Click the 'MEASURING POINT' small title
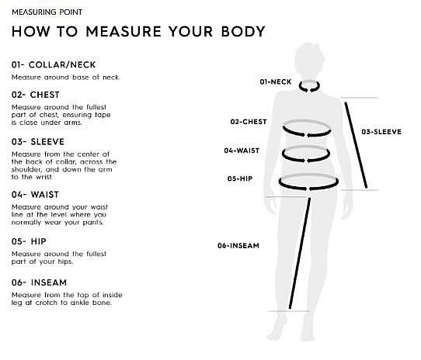click(47, 12)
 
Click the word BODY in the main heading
click(243, 31)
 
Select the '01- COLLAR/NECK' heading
click(54, 64)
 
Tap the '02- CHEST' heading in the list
click(36, 95)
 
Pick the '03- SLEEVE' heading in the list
click(38, 142)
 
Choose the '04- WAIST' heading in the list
click(35, 195)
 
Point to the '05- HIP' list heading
click(29, 241)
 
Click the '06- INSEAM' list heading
click(39, 282)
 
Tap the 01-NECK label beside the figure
click(276, 81)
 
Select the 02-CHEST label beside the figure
click(249, 122)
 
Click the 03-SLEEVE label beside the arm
click(381, 132)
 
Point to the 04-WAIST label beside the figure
click(242, 151)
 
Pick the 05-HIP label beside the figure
click(240, 178)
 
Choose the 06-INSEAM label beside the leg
click(238, 246)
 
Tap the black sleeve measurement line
click(356, 145)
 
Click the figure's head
click(309, 59)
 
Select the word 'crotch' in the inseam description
click(46, 303)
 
